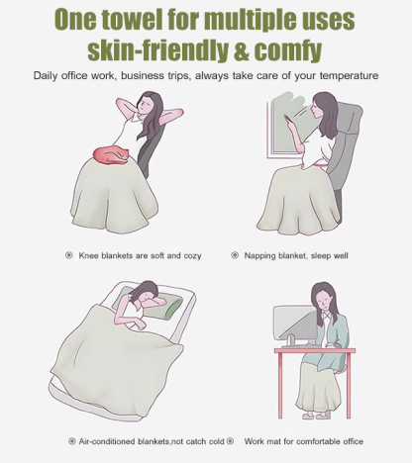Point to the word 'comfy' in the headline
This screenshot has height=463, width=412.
click(x=287, y=50)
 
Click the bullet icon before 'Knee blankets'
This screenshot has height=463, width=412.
click(x=68, y=255)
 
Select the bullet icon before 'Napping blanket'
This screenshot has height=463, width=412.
click(x=235, y=255)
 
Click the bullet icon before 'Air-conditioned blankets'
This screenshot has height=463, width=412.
click(x=71, y=441)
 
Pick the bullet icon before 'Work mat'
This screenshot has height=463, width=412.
click(x=231, y=441)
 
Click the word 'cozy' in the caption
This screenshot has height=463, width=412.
click(x=192, y=256)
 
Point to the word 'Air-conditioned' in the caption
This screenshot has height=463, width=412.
click(x=107, y=441)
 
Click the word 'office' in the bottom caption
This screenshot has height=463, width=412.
click(x=353, y=441)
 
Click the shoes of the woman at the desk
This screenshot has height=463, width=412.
click(x=316, y=417)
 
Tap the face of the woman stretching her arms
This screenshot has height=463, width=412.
click(x=144, y=106)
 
